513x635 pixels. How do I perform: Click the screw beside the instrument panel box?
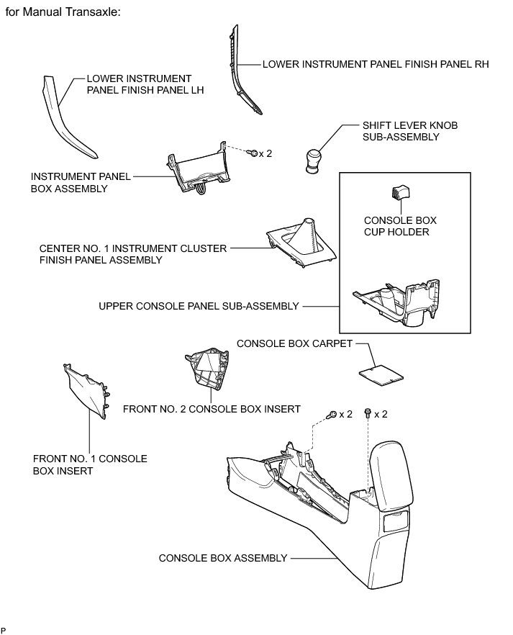coord(253,153)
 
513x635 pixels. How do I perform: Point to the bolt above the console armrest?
coord(368,413)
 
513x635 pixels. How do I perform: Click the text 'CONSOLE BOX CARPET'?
coord(294,343)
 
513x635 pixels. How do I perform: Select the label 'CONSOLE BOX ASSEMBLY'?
coord(222,558)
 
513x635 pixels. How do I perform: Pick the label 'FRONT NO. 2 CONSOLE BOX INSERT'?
coord(212,409)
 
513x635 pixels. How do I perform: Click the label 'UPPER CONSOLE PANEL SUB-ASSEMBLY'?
coord(198,306)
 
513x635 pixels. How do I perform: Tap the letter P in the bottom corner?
coord(4,629)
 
